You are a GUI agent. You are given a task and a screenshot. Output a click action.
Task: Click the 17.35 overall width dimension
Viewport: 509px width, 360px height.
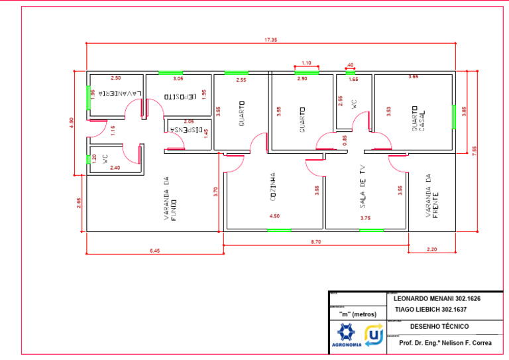pyautogui.click(x=270, y=40)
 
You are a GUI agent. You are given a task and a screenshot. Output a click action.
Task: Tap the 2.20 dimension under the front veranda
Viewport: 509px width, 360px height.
pyautogui.click(x=432, y=249)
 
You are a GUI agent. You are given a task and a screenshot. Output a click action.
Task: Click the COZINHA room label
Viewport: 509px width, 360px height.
pyautogui.click(x=273, y=186)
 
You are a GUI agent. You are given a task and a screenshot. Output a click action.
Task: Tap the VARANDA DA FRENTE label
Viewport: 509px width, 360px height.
pyautogui.click(x=432, y=196)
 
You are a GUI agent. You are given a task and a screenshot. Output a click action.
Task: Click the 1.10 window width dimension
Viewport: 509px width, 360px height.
pyautogui.click(x=306, y=63)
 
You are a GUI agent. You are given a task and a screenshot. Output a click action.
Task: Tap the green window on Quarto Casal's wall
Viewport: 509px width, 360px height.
pyautogui.click(x=453, y=117)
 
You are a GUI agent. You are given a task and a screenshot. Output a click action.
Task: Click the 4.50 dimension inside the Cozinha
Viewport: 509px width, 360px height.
pyautogui.click(x=274, y=216)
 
